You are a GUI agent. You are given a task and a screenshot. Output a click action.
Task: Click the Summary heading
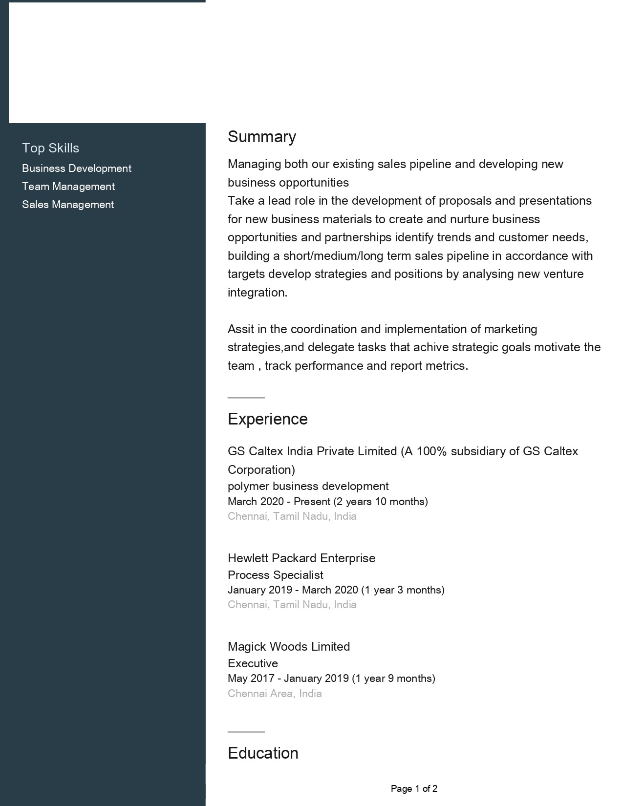pos(262,137)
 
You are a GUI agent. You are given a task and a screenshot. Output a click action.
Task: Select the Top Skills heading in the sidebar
pos(50,148)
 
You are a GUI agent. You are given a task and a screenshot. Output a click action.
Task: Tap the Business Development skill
pos(77,169)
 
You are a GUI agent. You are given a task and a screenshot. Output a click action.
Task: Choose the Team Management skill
pos(68,187)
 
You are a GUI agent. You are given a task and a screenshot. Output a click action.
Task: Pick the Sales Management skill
pos(68,205)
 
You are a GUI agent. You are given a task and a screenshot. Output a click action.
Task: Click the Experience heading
pos(268,419)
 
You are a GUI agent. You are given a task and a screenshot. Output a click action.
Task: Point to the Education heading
pos(263,753)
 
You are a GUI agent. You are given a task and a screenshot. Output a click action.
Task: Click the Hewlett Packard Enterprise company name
pos(301,558)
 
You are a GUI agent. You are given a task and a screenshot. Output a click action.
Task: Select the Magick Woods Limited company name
pos(289,647)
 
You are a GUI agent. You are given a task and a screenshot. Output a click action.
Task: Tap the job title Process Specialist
pos(276,575)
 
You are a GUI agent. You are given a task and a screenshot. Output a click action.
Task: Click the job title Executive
pos(253,663)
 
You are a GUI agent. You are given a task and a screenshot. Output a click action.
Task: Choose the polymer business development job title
pos(308,487)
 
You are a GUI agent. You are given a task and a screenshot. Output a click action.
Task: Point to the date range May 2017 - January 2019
pos(288,679)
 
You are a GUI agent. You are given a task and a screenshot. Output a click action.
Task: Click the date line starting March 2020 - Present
pos(327,502)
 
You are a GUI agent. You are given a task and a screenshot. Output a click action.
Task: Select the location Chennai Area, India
pos(275,694)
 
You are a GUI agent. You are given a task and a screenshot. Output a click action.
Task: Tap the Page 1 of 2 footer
pos(414,788)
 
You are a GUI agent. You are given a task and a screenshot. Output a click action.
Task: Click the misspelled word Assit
pos(240,329)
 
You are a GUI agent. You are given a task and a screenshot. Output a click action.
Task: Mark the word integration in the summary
pos(257,293)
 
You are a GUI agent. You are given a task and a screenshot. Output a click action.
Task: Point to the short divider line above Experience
pos(246,398)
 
